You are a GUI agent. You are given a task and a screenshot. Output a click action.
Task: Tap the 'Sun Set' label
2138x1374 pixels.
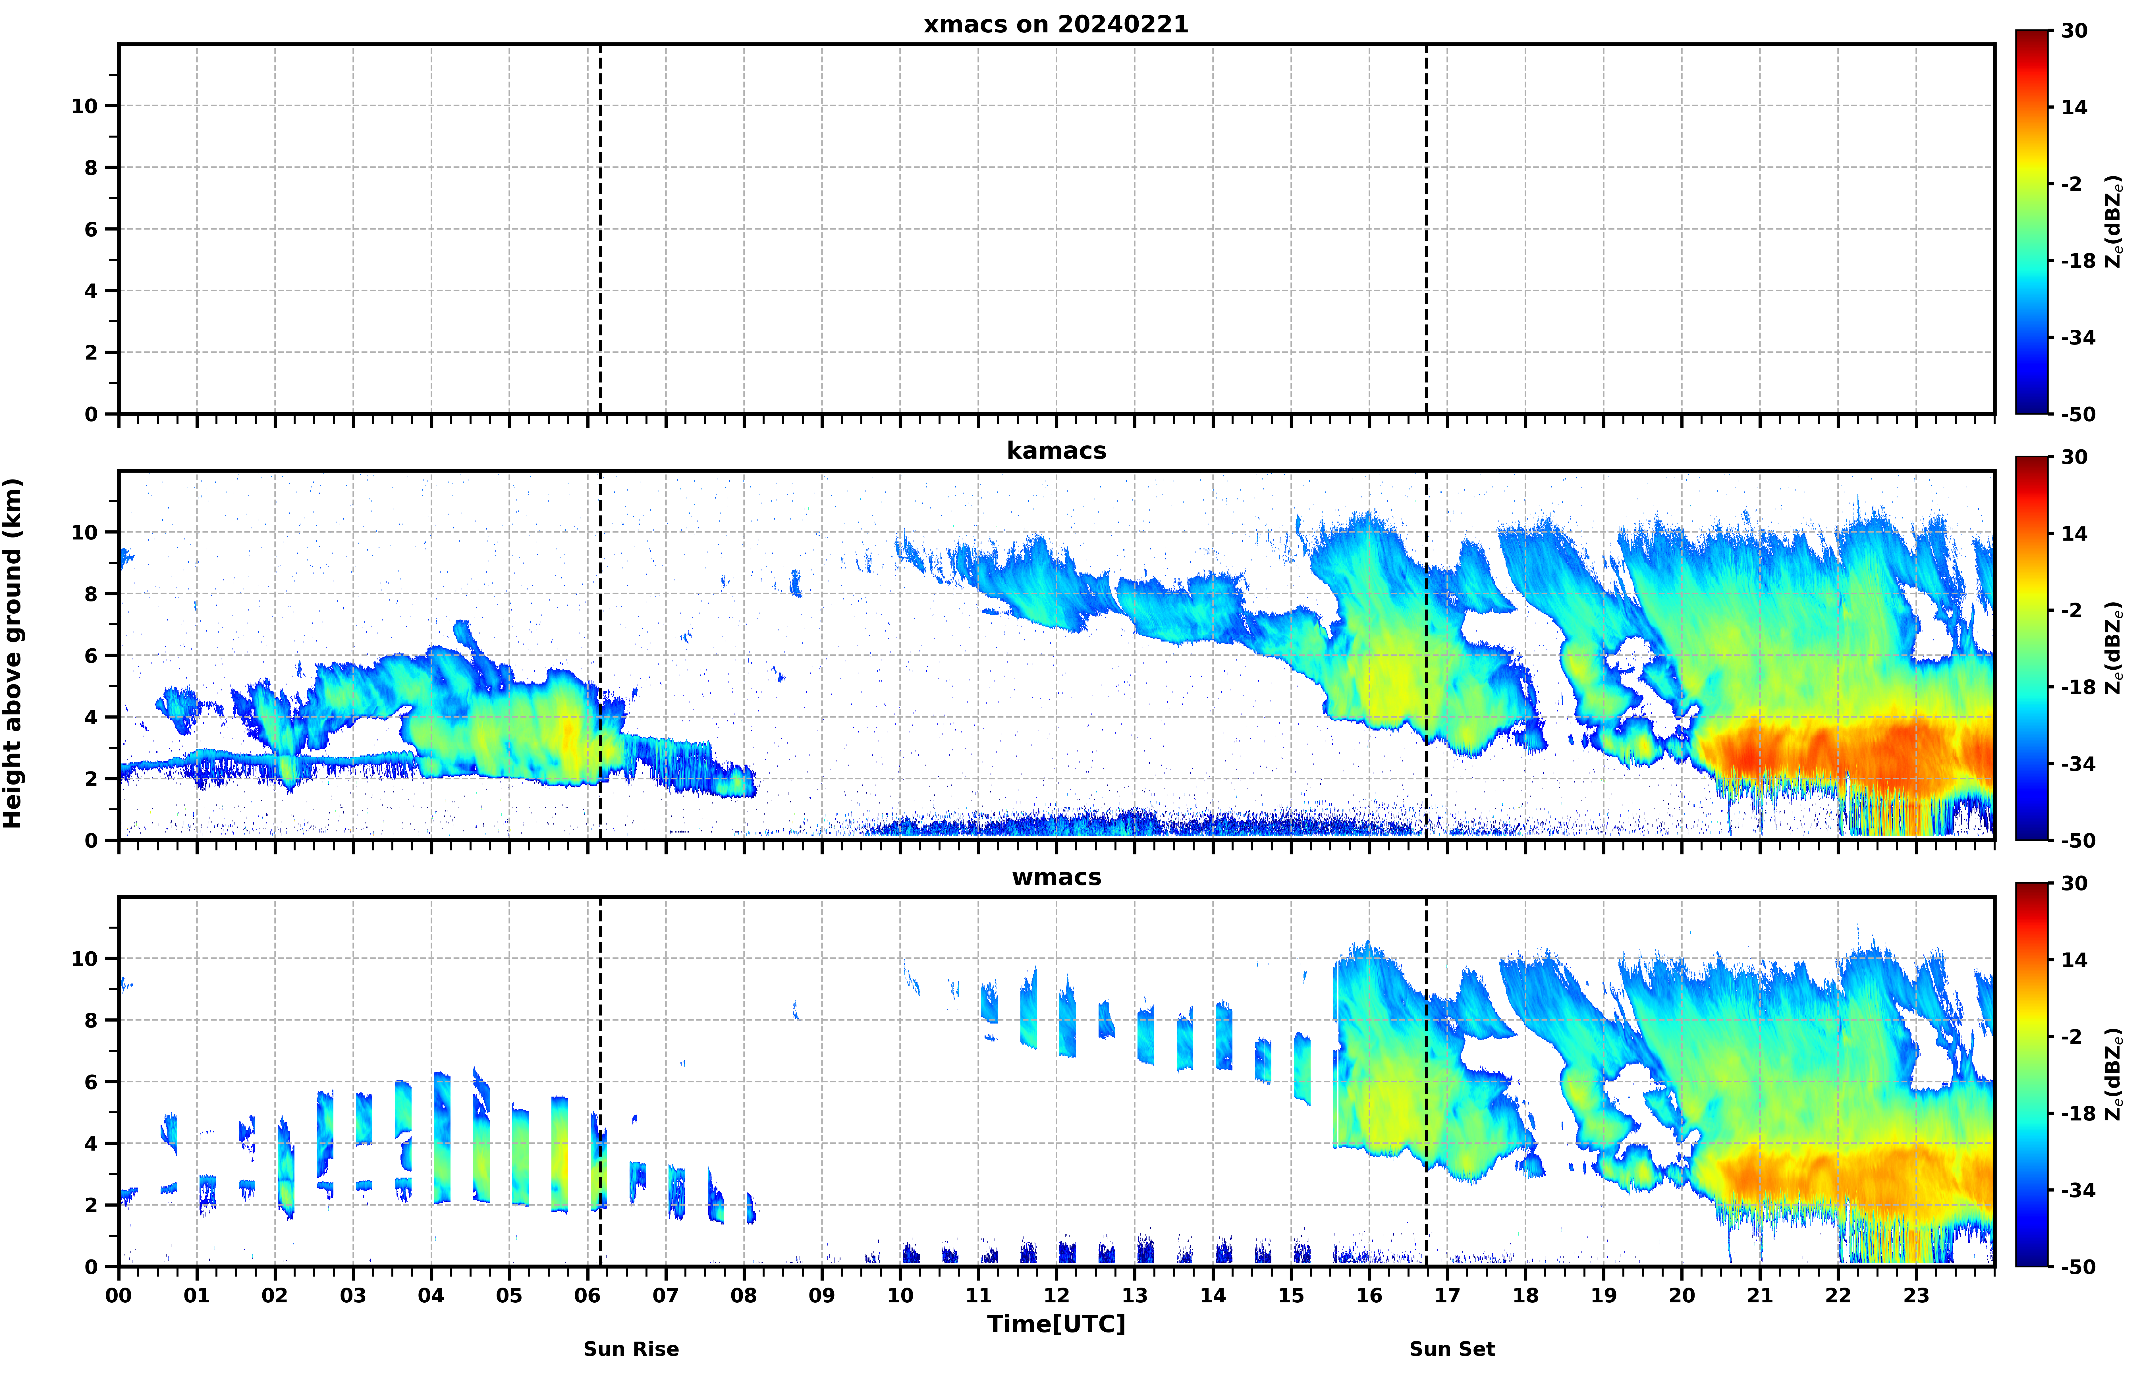[1452, 1349]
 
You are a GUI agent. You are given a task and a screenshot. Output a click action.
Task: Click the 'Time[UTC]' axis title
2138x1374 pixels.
[1056, 1324]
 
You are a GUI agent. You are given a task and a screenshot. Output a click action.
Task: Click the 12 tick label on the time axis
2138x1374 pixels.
[1056, 1296]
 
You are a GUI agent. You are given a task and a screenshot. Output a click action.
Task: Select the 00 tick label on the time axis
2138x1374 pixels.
[119, 1296]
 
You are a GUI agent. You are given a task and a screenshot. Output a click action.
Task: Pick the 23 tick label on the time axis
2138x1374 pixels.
[1916, 1296]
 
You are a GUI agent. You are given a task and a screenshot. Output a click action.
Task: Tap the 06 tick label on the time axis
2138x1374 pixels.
[588, 1296]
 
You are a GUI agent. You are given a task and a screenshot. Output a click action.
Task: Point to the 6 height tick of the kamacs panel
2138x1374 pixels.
[91, 656]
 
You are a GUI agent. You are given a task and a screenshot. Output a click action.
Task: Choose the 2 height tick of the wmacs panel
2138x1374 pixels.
[91, 1205]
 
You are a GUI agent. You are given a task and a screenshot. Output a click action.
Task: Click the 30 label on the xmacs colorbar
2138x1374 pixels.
[2075, 31]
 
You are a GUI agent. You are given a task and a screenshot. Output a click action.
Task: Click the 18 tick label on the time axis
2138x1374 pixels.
[1525, 1296]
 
